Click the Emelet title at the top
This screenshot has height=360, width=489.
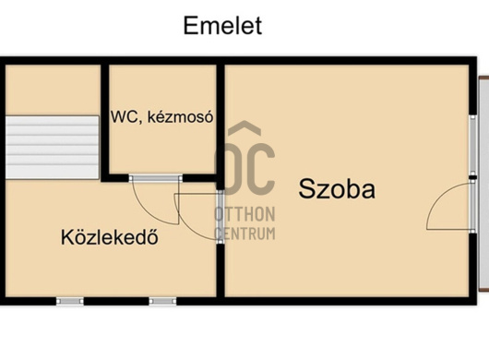click(x=222, y=26)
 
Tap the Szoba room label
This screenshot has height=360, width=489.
click(x=337, y=188)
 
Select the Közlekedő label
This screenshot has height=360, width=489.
click(x=110, y=237)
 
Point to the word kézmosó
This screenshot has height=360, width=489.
click(x=180, y=117)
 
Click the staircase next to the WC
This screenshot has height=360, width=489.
click(x=52, y=148)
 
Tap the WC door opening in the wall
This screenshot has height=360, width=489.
click(x=156, y=178)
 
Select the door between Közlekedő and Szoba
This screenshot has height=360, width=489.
click(x=221, y=217)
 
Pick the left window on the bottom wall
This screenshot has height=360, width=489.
click(x=70, y=301)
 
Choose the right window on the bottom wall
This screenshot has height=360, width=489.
click(x=162, y=301)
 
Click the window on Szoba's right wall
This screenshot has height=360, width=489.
click(x=473, y=146)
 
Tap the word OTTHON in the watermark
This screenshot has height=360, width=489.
click(x=244, y=214)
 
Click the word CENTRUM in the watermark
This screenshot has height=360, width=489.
click(x=245, y=234)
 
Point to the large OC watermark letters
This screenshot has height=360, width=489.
click(x=245, y=168)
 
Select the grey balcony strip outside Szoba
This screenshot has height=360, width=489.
click(x=483, y=184)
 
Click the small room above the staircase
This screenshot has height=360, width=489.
click(x=53, y=90)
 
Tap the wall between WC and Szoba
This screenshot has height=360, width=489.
click(x=221, y=125)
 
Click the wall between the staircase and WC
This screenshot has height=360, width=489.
click(x=105, y=122)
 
